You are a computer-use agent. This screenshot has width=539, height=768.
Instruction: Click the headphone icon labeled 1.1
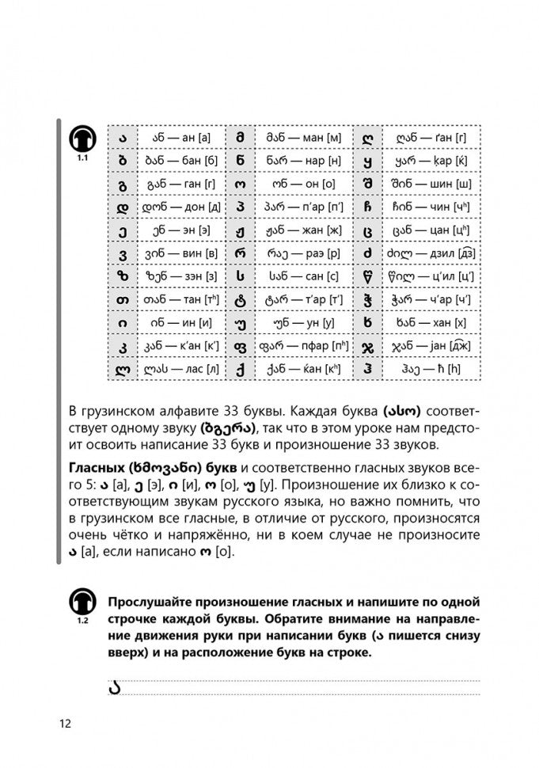82,140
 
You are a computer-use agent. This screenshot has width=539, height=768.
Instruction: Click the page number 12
64,724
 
